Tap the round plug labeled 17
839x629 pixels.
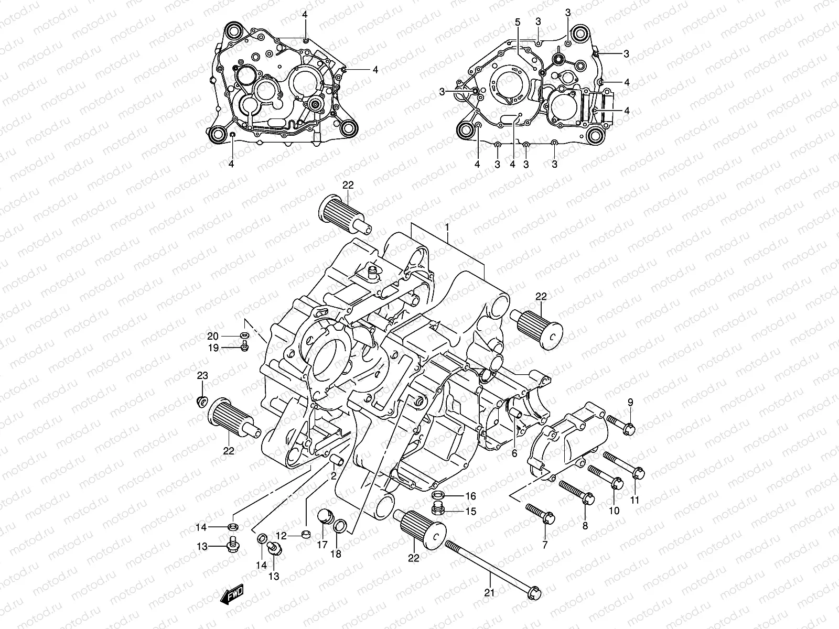pos(324,518)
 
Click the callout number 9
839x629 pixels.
pos(630,402)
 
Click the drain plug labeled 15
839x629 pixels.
pos(438,508)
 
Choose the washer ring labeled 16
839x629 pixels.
pos(438,495)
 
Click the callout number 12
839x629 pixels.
pos(281,536)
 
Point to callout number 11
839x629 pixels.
pos(635,500)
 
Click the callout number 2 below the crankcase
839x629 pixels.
pos(332,476)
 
